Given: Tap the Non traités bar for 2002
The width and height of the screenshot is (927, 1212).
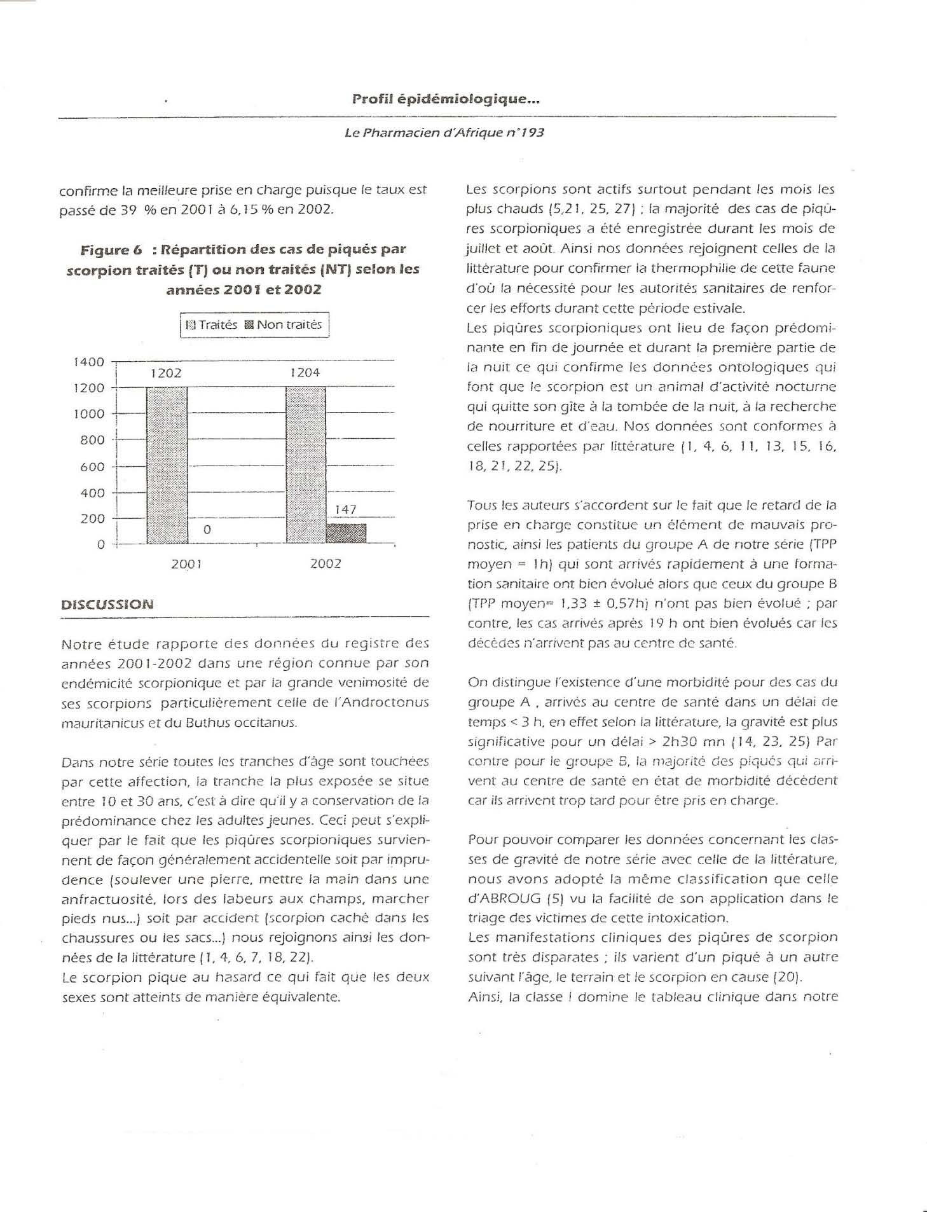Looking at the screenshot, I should (x=346, y=533).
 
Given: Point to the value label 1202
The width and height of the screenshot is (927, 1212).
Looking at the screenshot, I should (x=166, y=373).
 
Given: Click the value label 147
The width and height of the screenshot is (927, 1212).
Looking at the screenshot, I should (x=346, y=510).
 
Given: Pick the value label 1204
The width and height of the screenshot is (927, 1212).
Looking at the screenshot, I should (x=305, y=373).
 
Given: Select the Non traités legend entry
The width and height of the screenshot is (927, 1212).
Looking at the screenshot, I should (x=284, y=325).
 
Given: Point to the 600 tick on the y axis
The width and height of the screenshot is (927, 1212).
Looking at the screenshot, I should (x=92, y=467).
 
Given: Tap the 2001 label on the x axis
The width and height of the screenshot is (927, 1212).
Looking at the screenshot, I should (x=186, y=564).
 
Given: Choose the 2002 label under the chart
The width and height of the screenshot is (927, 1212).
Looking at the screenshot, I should (x=326, y=564).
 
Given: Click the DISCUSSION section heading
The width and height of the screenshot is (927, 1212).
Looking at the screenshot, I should (x=107, y=604).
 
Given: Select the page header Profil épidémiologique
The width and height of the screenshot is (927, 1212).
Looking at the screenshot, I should (x=446, y=99).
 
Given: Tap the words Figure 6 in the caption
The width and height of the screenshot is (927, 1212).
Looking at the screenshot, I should (x=105, y=249).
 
